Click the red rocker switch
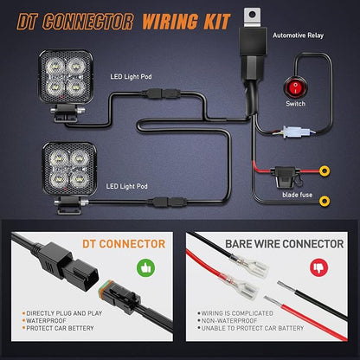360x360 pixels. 295,87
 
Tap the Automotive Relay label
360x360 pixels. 298,35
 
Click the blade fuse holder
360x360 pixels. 286,177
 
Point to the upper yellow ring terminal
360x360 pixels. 325,171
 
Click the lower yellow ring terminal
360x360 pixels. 325,201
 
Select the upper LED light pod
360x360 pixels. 66,85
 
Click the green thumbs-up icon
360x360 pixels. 145,267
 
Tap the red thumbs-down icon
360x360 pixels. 318,267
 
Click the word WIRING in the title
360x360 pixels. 170,22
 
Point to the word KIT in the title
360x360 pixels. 217,22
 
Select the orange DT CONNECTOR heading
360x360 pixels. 124,244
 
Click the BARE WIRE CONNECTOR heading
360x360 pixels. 285,244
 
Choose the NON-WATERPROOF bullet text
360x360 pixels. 229,321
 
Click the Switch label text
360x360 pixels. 295,104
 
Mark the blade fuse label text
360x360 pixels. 298,195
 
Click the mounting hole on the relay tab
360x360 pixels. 253,14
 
